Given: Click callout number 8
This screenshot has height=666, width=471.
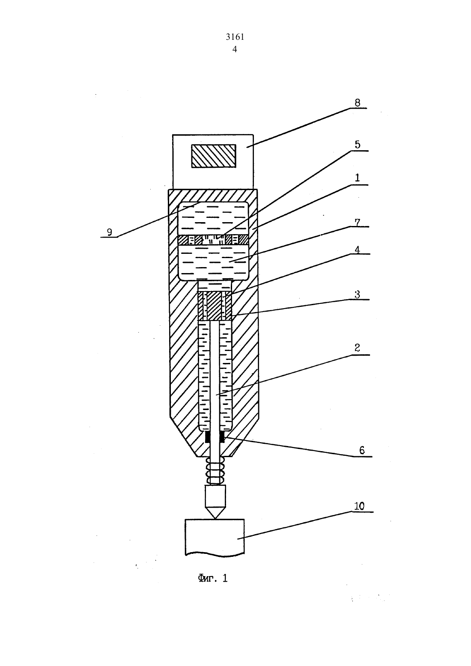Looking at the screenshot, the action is tap(357, 103).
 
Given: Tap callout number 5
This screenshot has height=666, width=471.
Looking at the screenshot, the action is tap(357, 145).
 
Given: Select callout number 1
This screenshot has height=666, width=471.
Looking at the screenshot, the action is tap(357, 178).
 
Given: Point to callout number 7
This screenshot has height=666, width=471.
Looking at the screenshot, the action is tap(357, 222).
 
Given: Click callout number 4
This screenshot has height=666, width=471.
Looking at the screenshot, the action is tap(357, 250).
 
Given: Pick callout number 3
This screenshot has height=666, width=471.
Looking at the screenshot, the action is tap(357, 294).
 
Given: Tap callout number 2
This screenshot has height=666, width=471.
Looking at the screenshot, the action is tap(357, 348).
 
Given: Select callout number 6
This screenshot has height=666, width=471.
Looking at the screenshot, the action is tap(361, 450).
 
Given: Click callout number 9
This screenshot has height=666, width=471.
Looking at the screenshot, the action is tap(110, 232).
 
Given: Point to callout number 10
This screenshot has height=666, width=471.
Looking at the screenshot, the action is tap(359, 506).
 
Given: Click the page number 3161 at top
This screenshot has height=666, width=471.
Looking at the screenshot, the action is tap(235, 37).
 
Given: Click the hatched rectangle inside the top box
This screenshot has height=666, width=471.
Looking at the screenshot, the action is tap(214, 156).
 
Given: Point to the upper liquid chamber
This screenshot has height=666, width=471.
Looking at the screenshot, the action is tap(213, 219).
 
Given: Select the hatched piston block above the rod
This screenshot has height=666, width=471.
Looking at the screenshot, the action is tap(215, 306).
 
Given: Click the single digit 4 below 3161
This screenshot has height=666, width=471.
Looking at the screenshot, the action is tap(235, 49).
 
